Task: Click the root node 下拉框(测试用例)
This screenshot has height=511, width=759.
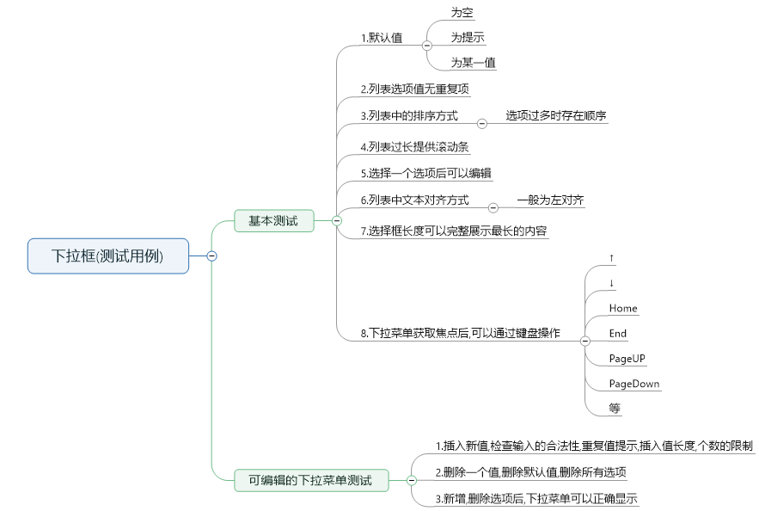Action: (x=107, y=255)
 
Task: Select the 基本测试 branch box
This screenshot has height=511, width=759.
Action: (x=273, y=221)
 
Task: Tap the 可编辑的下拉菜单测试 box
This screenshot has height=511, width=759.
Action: (x=310, y=480)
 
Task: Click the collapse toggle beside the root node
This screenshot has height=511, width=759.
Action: (x=211, y=255)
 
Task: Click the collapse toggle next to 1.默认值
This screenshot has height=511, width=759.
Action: (x=427, y=45)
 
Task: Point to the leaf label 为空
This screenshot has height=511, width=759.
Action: (x=462, y=13)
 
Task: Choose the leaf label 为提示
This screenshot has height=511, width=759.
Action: (x=468, y=38)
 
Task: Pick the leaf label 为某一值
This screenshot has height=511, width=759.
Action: (x=473, y=63)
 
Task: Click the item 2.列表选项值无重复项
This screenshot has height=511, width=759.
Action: (x=414, y=89)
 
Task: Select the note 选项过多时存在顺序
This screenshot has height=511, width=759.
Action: (x=556, y=115)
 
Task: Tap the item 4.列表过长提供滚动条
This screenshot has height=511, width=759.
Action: (x=414, y=147)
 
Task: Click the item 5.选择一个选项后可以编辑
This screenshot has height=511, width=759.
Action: (x=425, y=173)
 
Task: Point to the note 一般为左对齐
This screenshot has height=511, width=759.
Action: (x=550, y=200)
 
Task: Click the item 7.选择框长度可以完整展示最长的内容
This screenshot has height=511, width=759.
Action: (x=453, y=231)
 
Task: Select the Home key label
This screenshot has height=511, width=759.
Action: (x=623, y=308)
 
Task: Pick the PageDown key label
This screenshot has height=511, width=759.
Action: (x=634, y=384)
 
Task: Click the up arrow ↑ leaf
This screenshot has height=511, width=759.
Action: (x=611, y=258)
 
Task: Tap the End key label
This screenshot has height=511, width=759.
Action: (x=617, y=334)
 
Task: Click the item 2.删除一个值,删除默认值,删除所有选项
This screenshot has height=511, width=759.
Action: (x=530, y=472)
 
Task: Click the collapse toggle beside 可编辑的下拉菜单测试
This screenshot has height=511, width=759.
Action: (x=411, y=480)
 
